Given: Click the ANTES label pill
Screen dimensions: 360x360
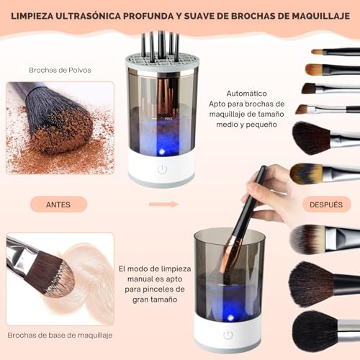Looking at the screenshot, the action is [x=58, y=204].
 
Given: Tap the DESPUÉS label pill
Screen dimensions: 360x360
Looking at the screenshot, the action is [x=326, y=204].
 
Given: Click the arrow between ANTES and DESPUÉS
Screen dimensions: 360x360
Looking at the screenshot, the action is [x=163, y=204].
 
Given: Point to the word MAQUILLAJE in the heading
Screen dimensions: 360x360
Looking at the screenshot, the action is [x=321, y=16].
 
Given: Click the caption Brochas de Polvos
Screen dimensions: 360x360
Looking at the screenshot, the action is [x=60, y=70].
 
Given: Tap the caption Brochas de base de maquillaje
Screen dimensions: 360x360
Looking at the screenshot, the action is [x=60, y=335].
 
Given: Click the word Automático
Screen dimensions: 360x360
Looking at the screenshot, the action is [x=246, y=94].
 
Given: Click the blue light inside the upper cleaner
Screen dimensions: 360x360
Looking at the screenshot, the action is [x=162, y=151].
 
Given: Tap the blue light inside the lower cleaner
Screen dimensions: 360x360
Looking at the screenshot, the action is [x=230, y=318].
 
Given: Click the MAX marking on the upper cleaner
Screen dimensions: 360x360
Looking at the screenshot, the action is [x=168, y=119].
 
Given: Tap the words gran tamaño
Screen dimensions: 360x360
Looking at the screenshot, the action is [x=155, y=300].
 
